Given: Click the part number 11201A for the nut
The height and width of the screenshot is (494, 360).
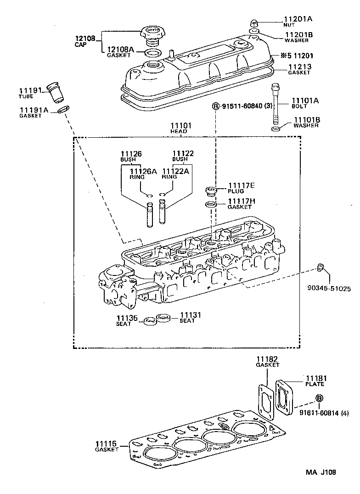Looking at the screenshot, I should (298, 19).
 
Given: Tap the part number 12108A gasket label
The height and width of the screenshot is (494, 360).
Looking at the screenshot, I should (121, 50).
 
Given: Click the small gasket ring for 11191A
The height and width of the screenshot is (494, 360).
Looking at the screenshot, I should (64, 109).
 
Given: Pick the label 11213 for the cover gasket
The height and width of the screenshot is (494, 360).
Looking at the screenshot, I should (300, 67).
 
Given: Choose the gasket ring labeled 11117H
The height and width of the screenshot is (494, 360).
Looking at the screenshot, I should (210, 204).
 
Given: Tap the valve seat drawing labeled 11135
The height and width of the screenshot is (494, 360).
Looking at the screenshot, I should (149, 321).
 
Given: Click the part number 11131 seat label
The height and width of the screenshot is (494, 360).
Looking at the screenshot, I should (190, 315).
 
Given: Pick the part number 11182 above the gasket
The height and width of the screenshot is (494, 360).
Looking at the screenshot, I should (267, 359).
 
